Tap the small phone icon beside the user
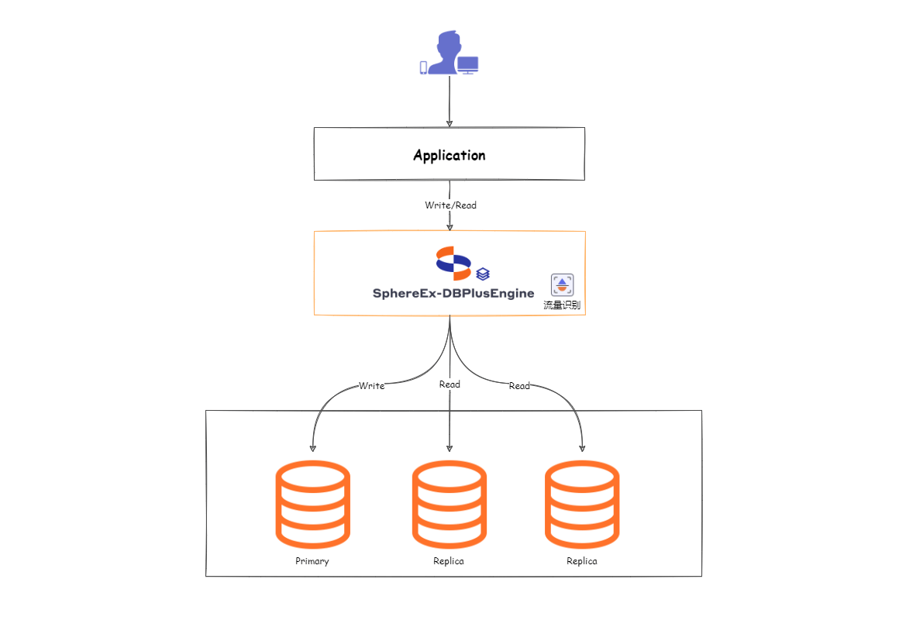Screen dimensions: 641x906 (423, 67)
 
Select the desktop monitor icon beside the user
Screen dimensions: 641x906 (467, 65)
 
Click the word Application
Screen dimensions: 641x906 (450, 155)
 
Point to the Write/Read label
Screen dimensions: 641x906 (450, 205)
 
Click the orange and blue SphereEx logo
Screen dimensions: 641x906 (453, 262)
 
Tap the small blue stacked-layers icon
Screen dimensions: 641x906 (483, 274)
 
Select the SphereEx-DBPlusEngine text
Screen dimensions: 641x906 (453, 294)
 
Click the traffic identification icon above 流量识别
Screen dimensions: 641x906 (562, 284)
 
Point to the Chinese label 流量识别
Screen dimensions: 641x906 (562, 305)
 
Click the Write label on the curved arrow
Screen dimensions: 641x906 (371, 386)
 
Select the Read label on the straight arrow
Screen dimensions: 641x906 (450, 384)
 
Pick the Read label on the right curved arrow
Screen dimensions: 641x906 (519, 386)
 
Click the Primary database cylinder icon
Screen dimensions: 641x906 (312, 504)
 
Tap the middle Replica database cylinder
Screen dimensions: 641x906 (450, 504)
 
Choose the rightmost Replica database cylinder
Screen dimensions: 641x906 (582, 504)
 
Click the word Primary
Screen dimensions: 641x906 (312, 561)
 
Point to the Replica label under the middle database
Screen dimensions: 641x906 (449, 561)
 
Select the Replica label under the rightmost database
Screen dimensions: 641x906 (582, 561)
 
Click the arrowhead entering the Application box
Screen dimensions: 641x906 (450, 123)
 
